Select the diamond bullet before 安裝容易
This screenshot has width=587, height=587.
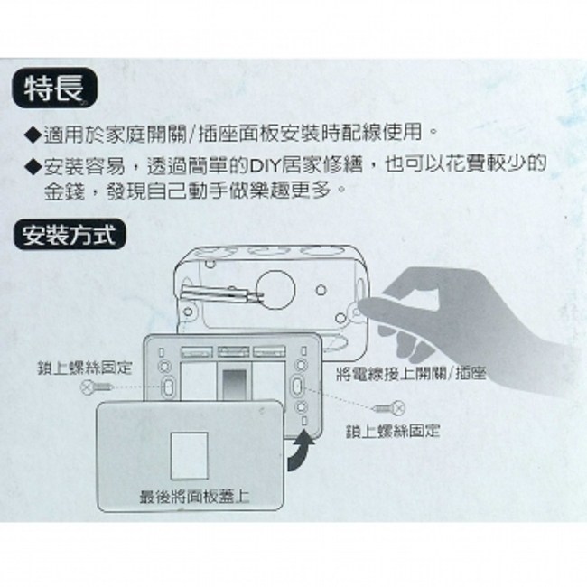33,167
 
